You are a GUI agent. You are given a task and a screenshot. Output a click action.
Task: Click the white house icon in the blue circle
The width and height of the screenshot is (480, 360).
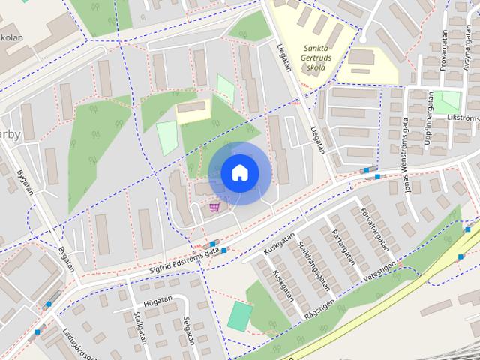[x=238, y=172]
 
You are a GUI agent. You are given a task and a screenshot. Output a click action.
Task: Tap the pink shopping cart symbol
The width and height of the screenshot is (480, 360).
[x=215, y=206]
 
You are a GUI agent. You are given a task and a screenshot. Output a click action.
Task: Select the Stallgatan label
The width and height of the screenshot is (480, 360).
[x=136, y=327]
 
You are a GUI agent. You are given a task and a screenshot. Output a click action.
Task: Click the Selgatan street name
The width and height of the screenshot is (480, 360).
[x=187, y=330]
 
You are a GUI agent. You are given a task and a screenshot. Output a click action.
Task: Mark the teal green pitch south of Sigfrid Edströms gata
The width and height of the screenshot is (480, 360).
[x=240, y=315]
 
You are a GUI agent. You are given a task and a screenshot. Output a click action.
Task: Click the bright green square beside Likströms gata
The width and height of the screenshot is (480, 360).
[x=449, y=101]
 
